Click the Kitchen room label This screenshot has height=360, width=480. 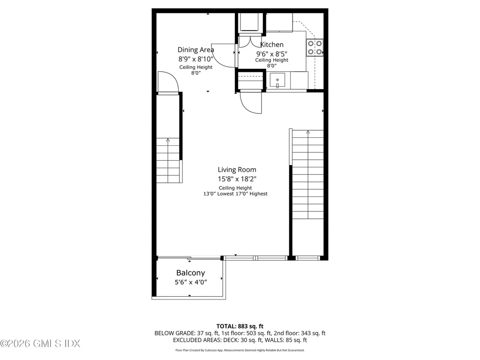click(272, 45)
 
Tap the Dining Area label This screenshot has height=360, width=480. click(195, 50)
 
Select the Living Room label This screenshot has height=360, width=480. click(237, 170)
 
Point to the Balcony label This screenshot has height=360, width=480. click(190, 273)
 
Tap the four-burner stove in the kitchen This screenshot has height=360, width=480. click(315, 47)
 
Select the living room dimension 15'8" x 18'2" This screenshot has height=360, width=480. click(237, 179)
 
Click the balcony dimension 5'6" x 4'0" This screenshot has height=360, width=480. click(190, 282)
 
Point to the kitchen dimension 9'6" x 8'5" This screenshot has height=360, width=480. click(272, 53)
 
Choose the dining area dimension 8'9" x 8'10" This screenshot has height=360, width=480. click(195, 59)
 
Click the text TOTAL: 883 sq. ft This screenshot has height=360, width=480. click(240, 326)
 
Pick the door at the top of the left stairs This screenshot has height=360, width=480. click(168, 83)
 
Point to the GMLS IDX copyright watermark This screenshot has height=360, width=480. click(40, 344)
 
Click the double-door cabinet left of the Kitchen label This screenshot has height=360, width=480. click(251, 41)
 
